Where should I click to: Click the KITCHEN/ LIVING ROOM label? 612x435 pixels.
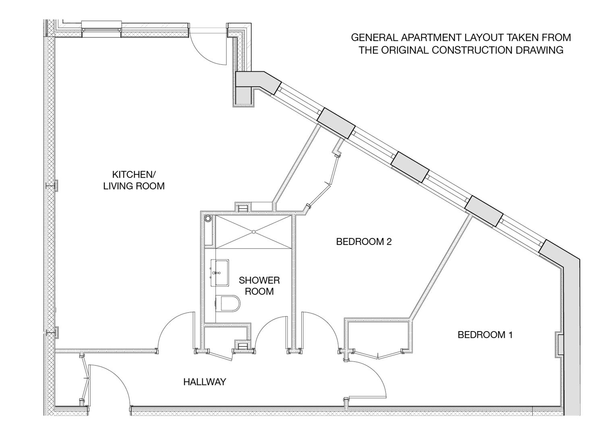134,180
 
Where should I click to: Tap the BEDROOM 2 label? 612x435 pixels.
364,242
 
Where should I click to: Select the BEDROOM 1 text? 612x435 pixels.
485,335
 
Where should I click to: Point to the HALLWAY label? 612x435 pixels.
205,382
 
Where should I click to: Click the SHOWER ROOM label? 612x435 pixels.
259,286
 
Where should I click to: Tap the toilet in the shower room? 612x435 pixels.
228,303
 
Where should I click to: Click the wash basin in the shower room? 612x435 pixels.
220,273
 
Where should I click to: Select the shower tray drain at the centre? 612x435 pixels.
254,232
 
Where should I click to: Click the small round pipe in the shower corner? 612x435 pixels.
208,219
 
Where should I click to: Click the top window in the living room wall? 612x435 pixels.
102,28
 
